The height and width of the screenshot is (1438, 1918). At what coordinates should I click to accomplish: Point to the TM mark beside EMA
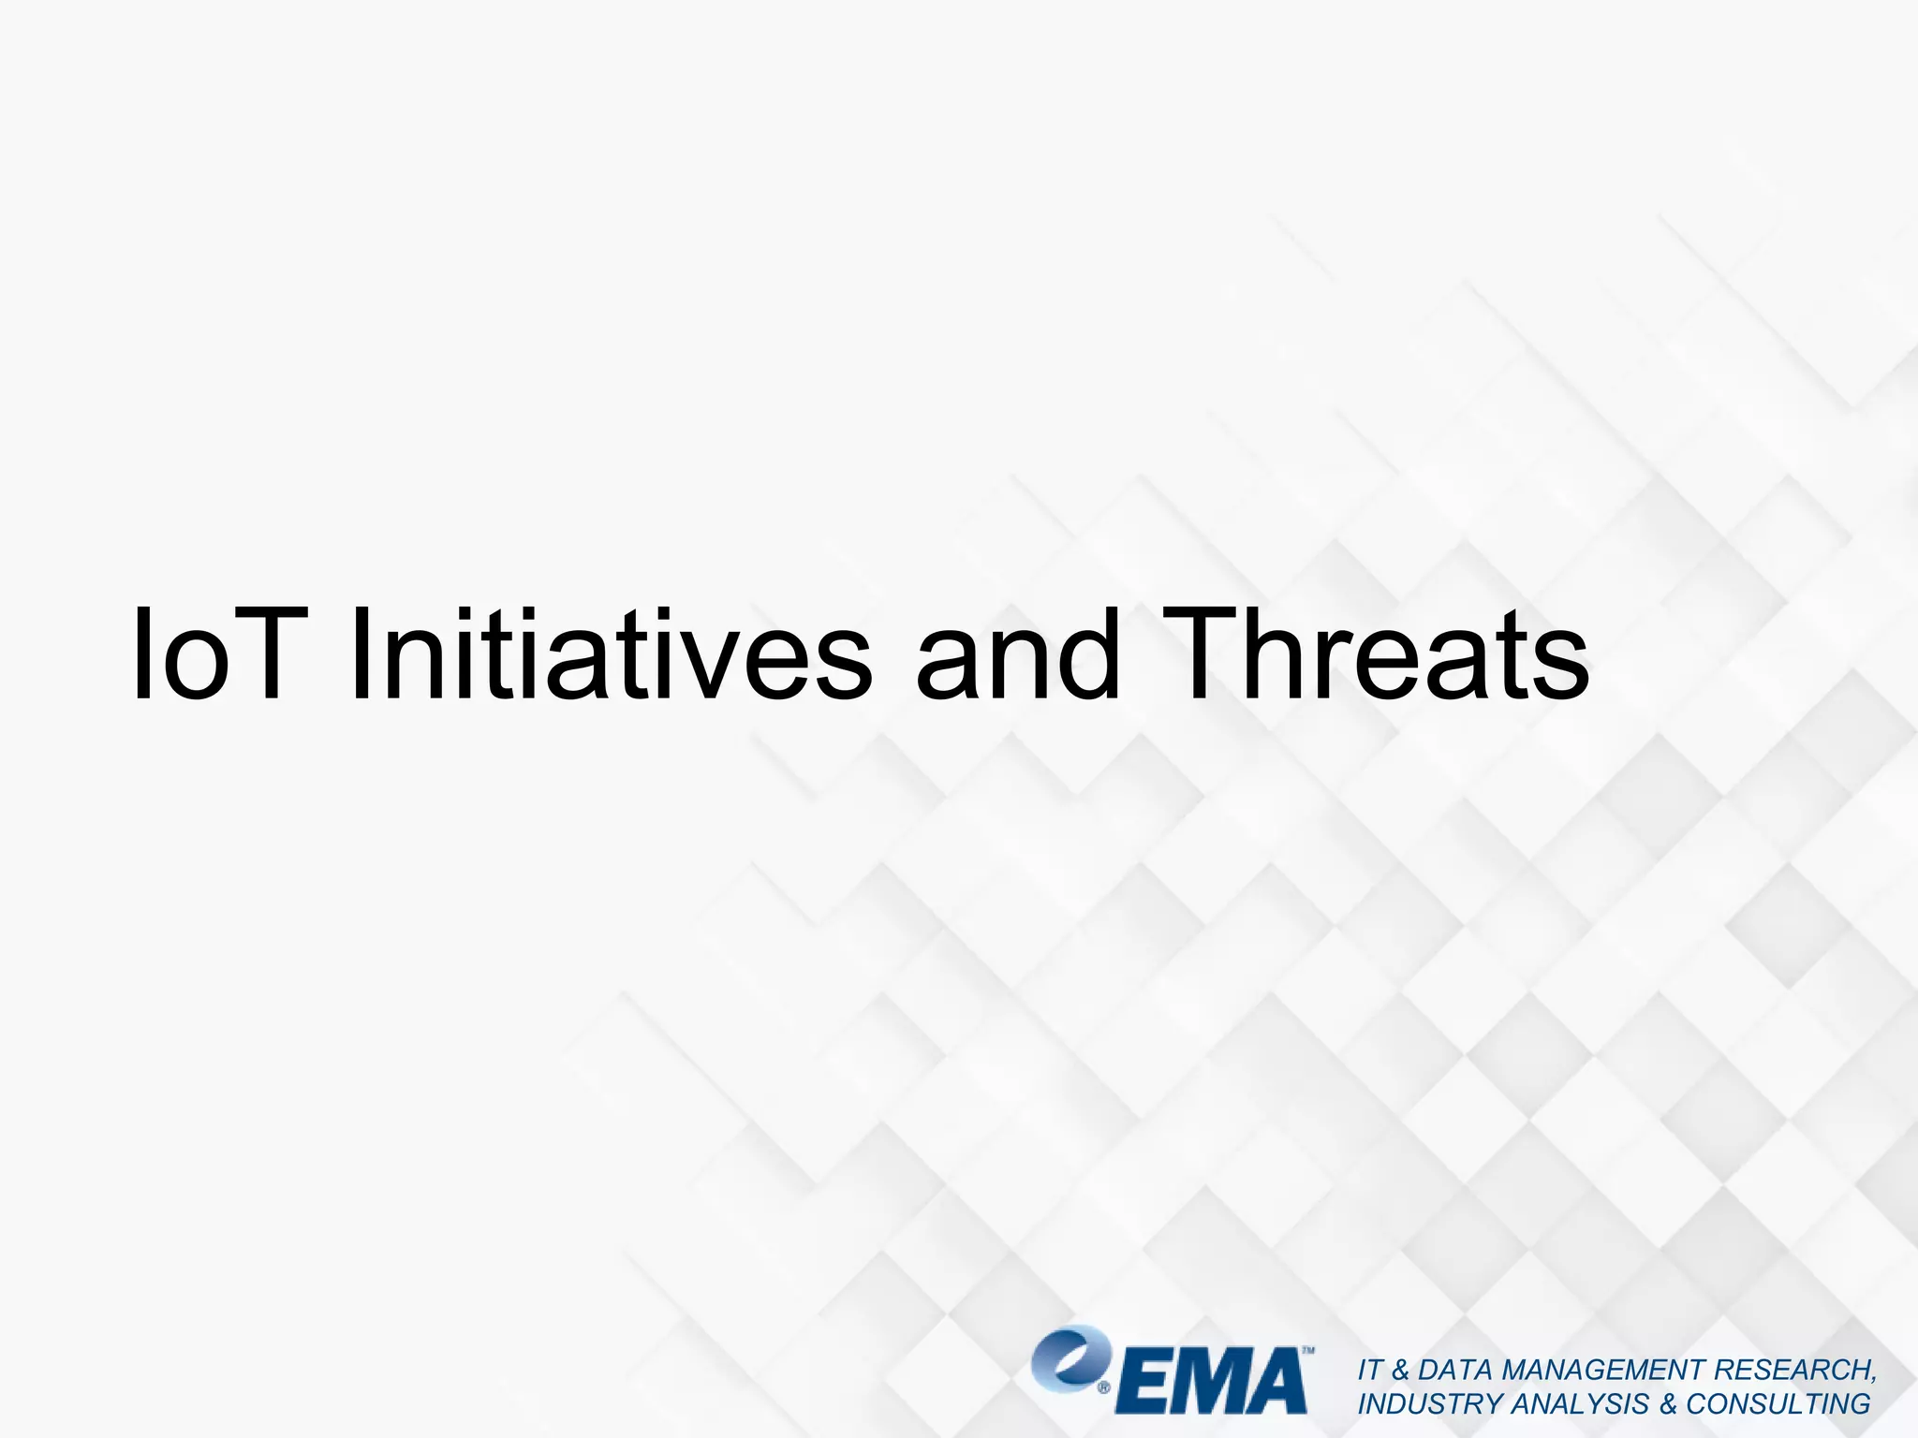1308,1352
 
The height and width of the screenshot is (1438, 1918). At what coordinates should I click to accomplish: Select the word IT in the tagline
1369,1370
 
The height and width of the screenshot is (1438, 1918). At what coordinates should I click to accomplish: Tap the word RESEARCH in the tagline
1793,1370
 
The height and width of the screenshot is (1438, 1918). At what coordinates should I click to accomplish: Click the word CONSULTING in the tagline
1778,1404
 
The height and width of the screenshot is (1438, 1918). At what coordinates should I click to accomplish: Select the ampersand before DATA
1400,1370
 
